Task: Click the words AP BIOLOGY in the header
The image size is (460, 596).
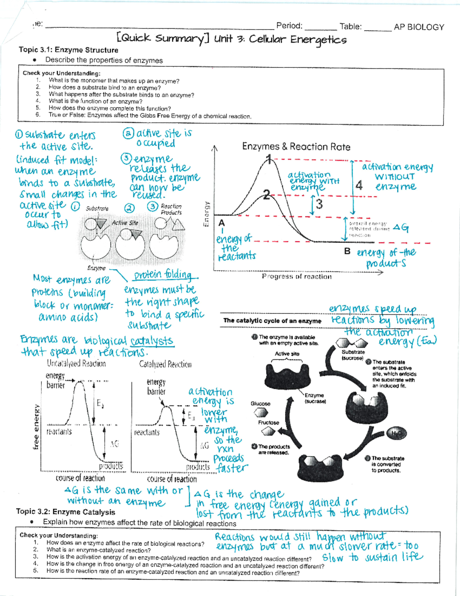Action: pyautogui.click(x=419, y=27)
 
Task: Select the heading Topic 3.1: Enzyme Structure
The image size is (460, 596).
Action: pyautogui.click(x=68, y=50)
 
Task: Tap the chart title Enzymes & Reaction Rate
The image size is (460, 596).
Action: pyautogui.click(x=296, y=147)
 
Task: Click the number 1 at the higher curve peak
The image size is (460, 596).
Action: pyautogui.click(x=269, y=159)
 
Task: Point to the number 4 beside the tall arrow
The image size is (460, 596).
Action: pyautogui.click(x=359, y=185)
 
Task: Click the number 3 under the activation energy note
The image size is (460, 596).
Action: pyautogui.click(x=319, y=204)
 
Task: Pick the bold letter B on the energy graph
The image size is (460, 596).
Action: pyautogui.click(x=347, y=251)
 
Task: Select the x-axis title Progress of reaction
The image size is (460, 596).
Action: pyautogui.click(x=297, y=276)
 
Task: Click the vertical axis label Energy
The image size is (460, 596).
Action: pyautogui.click(x=207, y=214)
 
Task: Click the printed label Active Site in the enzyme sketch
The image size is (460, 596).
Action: pyautogui.click(x=125, y=223)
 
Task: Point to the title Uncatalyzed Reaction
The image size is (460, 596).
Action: pyautogui.click(x=76, y=363)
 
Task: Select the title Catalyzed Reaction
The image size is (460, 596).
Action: pyautogui.click(x=165, y=364)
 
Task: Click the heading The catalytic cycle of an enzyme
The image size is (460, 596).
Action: pyautogui.click(x=272, y=320)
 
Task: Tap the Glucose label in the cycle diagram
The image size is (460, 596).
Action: pyautogui.click(x=260, y=404)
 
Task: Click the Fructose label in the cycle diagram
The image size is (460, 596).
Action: pyautogui.click(x=268, y=423)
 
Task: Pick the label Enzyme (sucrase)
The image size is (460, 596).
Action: pyautogui.click(x=315, y=398)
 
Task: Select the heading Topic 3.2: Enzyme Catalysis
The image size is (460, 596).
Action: pyautogui.click(x=66, y=512)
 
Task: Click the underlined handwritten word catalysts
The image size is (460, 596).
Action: pyautogui.click(x=152, y=341)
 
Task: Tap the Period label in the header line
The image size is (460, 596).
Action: pyautogui.click(x=289, y=26)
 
